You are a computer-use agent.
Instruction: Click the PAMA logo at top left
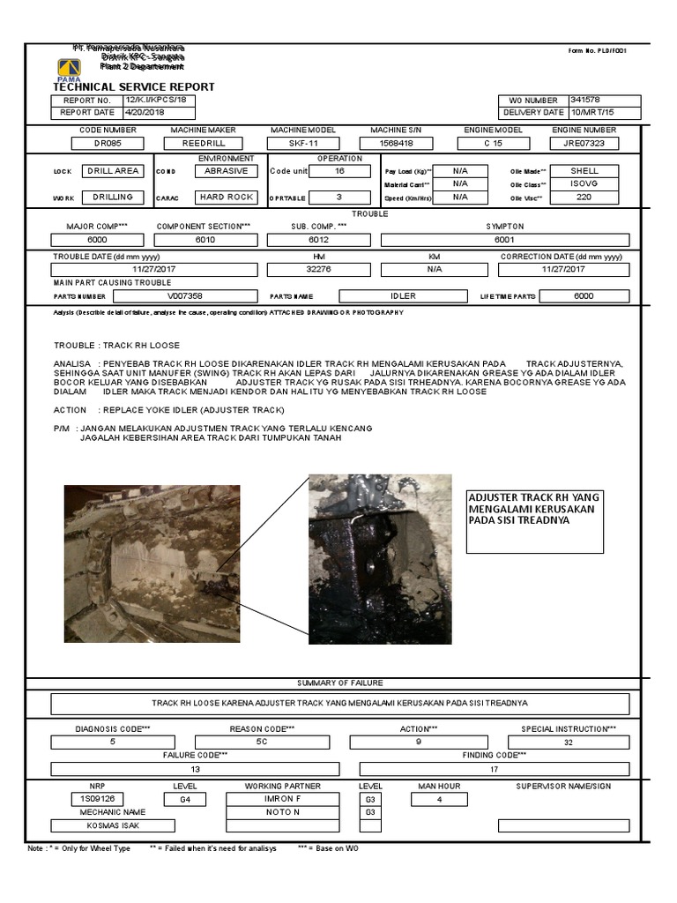pos(68,69)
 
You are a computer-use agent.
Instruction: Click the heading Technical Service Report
pos(133,87)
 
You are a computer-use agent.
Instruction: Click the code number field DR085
pos(108,143)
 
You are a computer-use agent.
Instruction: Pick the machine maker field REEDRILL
pos(205,143)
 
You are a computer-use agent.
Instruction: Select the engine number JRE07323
pos(584,143)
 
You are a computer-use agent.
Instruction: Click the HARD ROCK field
pos(226,198)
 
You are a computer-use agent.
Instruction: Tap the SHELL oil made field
pos(584,171)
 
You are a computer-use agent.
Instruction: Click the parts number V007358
pos(185,296)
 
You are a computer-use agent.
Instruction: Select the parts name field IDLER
pos(403,296)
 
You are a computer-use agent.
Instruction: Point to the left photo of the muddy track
pos(151,563)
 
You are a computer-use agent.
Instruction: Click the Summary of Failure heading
pos(339,683)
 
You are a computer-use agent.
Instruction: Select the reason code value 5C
pos(261,743)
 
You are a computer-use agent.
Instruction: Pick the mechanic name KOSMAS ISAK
pos(113,826)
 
